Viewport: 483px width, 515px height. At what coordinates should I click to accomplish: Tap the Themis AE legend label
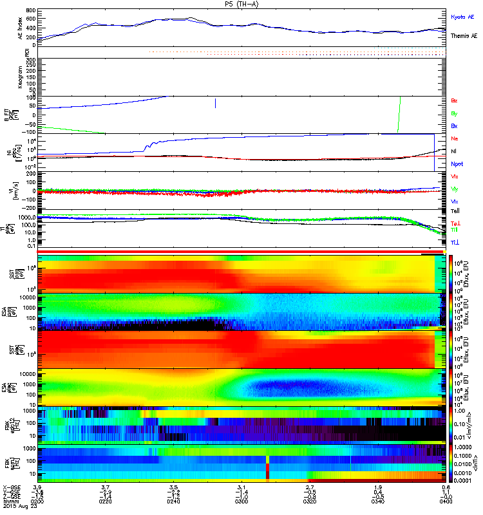(x=464, y=37)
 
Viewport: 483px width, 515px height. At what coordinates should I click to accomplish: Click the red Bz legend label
(x=455, y=100)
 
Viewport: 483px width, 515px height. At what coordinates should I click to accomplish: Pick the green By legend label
(x=455, y=113)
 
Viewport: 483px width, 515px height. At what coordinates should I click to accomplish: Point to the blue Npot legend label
(x=457, y=164)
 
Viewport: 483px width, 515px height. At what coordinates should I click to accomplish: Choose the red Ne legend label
(x=455, y=138)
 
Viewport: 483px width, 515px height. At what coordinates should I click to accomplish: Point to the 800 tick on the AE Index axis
(x=32, y=11)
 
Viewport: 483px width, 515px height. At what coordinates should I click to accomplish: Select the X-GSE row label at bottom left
(x=11, y=487)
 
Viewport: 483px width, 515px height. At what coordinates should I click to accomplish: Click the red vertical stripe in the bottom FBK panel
(x=267, y=467)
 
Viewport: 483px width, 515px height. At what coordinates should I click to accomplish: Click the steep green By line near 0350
(x=399, y=115)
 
